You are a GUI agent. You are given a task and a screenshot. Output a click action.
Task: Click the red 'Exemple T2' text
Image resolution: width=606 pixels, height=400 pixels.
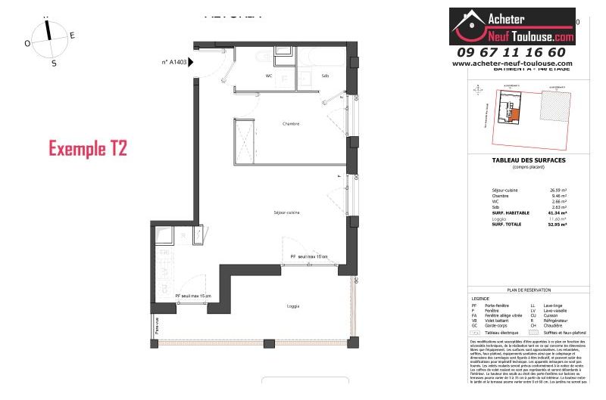[x=87, y=148]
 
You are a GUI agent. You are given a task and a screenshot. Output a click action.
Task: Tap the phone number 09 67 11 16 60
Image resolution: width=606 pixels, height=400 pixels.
[x=511, y=52]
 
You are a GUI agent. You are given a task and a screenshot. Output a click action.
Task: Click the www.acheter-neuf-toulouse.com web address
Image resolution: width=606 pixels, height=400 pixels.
[x=511, y=64]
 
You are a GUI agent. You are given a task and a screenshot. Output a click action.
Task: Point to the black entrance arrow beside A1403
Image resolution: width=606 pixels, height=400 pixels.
[x=192, y=62]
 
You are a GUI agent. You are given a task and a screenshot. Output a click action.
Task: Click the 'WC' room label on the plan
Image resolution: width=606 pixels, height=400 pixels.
[x=248, y=76]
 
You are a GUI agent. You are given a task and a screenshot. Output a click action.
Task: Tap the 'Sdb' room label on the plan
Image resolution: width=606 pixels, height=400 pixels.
[x=325, y=76]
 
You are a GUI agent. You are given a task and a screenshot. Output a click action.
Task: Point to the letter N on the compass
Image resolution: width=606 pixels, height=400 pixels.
[x=47, y=15]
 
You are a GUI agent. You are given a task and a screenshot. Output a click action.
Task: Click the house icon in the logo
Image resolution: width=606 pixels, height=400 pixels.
[x=469, y=24]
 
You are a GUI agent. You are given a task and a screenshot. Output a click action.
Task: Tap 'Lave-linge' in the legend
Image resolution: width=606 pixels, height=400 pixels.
[x=543, y=305]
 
